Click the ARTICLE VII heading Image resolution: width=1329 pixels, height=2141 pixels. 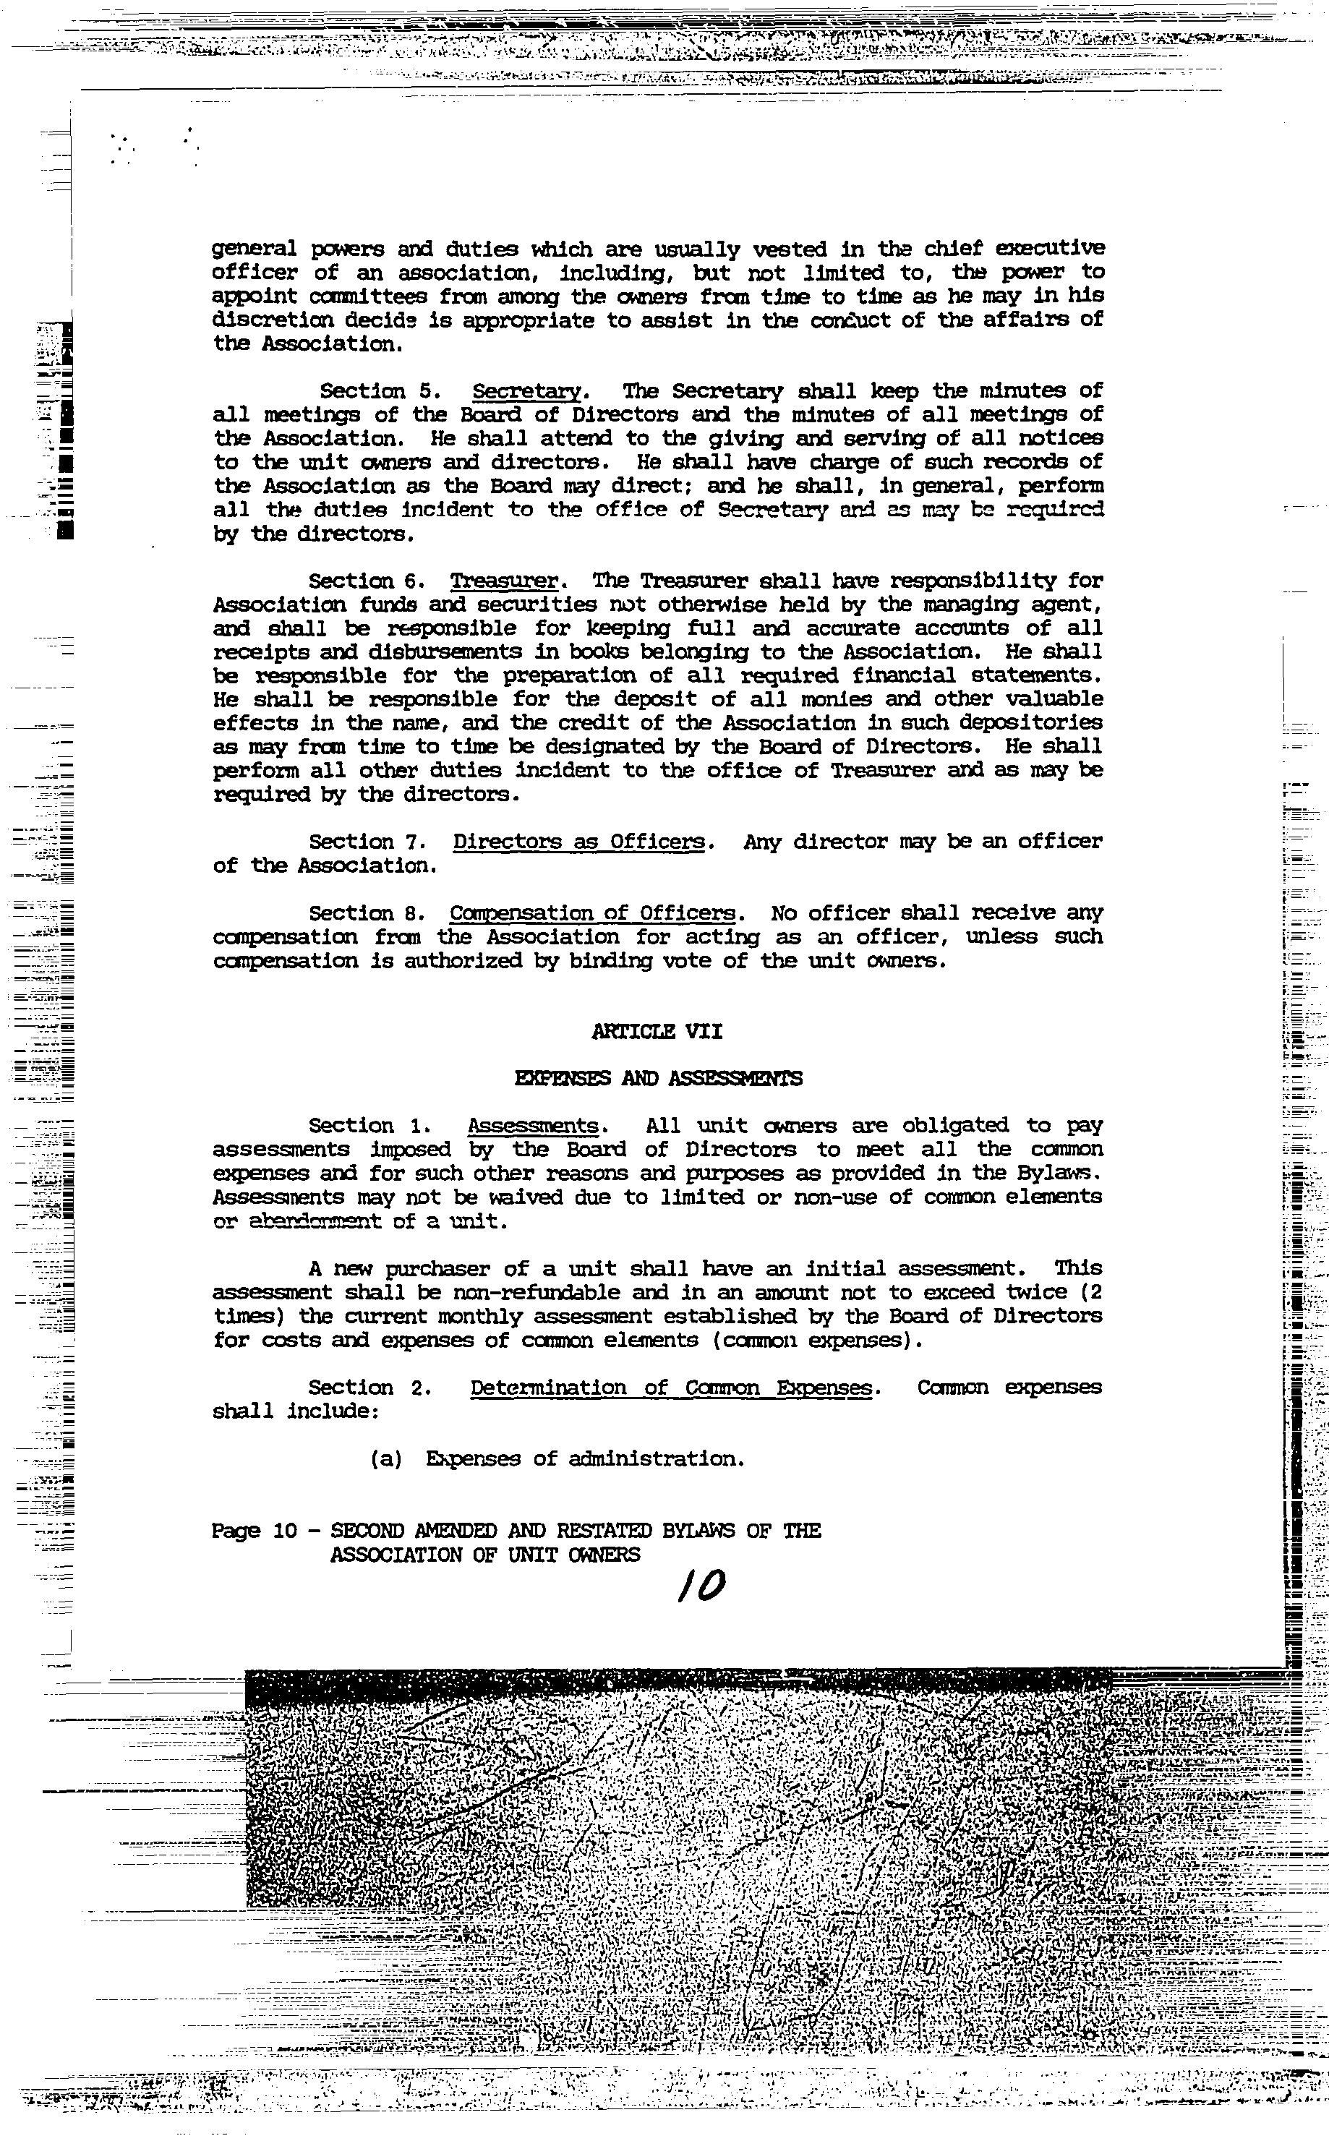[657, 1032]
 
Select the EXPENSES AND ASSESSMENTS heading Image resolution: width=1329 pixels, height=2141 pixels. [657, 1078]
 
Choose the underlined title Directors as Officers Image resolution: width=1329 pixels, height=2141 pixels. [579, 842]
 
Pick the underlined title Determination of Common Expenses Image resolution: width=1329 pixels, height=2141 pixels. [672, 1388]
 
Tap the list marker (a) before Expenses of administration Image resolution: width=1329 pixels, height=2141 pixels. [386, 1459]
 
